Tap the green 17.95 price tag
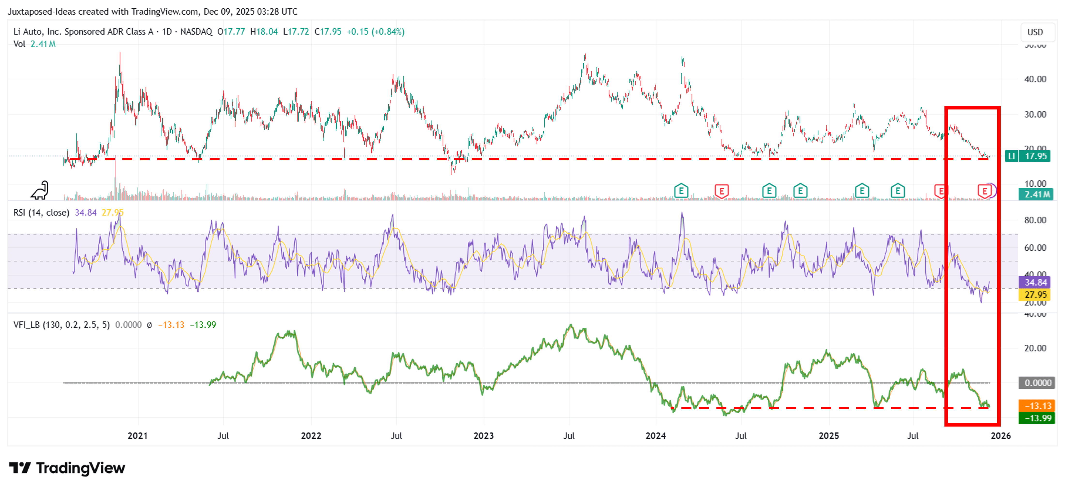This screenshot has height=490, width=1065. point(1035,156)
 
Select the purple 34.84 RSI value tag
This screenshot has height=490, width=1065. point(1035,282)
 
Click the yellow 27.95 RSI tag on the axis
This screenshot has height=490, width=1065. point(1035,295)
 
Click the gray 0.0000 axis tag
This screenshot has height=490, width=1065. point(1037,383)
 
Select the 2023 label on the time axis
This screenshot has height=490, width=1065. point(483,436)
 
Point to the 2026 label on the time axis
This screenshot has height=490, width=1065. point(1001,436)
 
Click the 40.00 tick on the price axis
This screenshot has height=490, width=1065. point(1035,79)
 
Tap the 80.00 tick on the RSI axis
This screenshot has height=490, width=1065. point(1035,220)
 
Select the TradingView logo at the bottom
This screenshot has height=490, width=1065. point(67,468)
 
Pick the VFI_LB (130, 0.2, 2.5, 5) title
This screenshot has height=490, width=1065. point(62,325)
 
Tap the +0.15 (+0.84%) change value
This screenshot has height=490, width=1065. point(375,32)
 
